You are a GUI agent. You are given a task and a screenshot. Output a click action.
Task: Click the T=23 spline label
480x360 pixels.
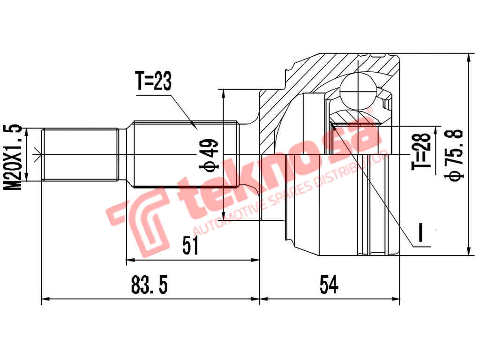(154, 82)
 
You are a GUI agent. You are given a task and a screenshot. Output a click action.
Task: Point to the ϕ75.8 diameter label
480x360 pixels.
(455, 154)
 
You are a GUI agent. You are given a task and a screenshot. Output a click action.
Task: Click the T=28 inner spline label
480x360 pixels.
(421, 151)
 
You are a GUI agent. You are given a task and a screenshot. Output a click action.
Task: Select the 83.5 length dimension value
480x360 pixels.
(150, 285)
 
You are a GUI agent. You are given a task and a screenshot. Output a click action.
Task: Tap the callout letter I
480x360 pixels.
(420, 233)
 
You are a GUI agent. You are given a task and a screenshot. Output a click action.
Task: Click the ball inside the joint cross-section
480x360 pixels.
(359, 89)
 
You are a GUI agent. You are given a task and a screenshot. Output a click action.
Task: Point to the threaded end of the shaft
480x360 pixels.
(80, 154)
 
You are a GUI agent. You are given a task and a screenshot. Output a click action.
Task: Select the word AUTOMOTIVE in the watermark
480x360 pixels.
(225, 217)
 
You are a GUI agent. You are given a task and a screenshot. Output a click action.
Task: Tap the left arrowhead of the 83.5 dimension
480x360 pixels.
(45, 298)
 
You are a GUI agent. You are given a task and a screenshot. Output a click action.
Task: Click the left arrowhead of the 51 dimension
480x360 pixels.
(129, 259)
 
